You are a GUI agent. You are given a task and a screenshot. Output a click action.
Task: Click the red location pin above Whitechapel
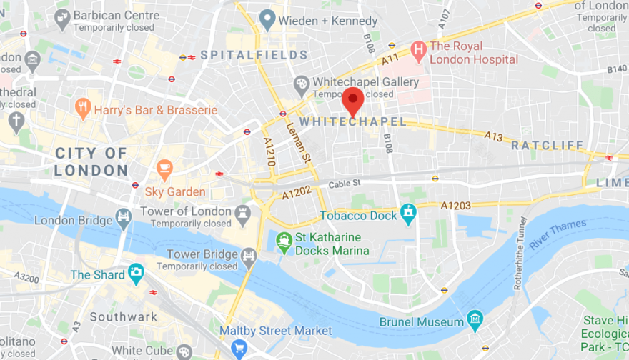(x=352, y=99)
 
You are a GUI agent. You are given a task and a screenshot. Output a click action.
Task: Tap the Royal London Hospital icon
(x=419, y=49)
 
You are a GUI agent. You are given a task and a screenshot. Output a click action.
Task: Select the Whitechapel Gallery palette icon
(x=302, y=86)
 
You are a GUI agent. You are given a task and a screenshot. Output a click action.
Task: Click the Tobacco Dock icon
(x=408, y=212)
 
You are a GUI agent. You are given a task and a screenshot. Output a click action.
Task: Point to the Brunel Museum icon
(x=474, y=318)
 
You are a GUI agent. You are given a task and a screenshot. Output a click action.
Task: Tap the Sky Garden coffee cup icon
(x=165, y=169)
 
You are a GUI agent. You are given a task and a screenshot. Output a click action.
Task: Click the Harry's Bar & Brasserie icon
(x=83, y=109)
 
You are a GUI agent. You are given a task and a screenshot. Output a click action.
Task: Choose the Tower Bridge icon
(x=249, y=255)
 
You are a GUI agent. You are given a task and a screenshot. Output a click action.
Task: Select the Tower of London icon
(x=243, y=212)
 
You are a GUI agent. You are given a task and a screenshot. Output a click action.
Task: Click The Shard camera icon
(x=135, y=272)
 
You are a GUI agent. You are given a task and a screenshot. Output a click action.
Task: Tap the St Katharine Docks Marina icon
(x=284, y=241)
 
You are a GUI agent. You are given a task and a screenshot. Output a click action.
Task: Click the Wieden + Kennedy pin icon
(x=267, y=19)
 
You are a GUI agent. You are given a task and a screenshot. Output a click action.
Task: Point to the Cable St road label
(x=345, y=184)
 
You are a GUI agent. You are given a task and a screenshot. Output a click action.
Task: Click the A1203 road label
(x=455, y=206)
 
